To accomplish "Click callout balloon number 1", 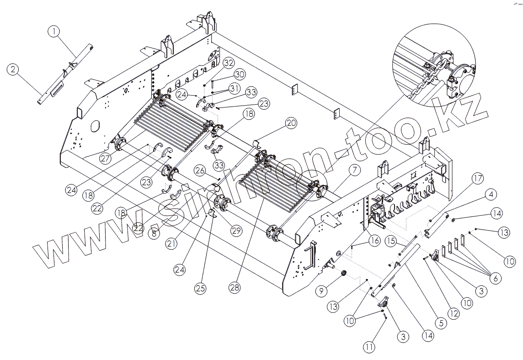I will [54, 31].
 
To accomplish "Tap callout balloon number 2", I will [13, 70].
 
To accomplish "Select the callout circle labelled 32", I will [229, 63].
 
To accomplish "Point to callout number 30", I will [240, 74].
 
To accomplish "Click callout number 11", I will [369, 347].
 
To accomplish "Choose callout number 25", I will [200, 288].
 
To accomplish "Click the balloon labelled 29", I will [236, 231].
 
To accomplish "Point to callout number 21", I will [172, 244].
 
